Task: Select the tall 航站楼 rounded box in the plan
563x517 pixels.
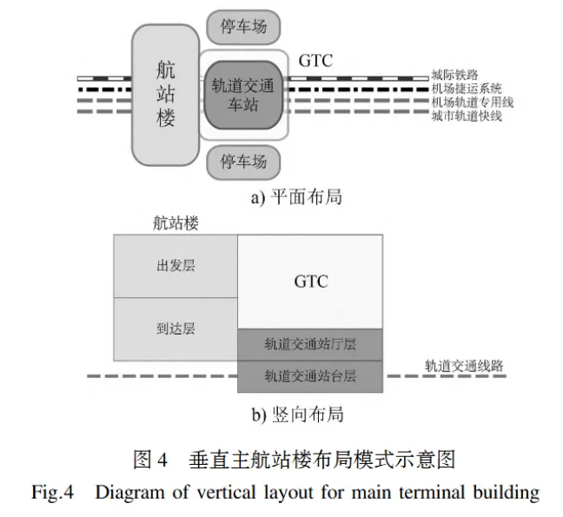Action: click(165, 95)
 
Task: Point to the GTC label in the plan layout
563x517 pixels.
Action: click(315, 62)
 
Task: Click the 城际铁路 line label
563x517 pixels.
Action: click(454, 76)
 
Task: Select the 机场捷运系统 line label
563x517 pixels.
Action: click(467, 89)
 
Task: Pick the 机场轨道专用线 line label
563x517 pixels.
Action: click(472, 103)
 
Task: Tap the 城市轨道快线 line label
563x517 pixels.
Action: click(467, 116)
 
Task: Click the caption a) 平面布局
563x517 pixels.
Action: click(296, 197)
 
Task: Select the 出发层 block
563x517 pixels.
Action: click(176, 265)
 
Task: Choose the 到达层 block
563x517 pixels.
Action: click(176, 328)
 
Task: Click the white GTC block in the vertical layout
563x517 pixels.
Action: click(310, 282)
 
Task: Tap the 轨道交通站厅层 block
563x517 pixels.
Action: click(310, 344)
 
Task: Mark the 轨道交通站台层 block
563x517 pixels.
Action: click(310, 376)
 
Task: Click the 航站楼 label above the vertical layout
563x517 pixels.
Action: click(176, 223)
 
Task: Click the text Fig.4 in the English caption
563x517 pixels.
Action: click(54, 493)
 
